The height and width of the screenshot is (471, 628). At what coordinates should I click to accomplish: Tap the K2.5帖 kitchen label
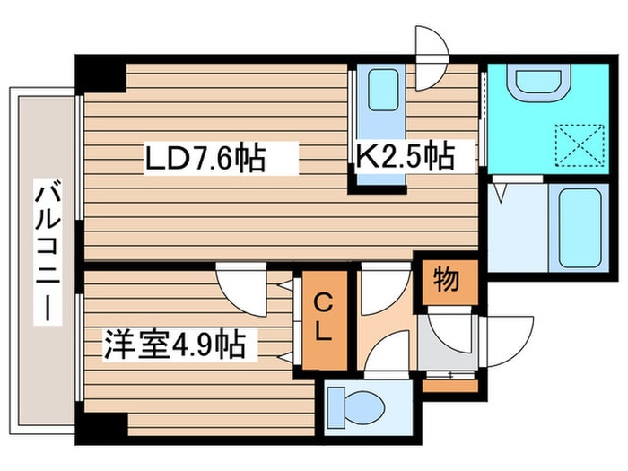click(404, 156)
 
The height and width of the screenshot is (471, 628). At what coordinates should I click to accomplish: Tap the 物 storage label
click(449, 280)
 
